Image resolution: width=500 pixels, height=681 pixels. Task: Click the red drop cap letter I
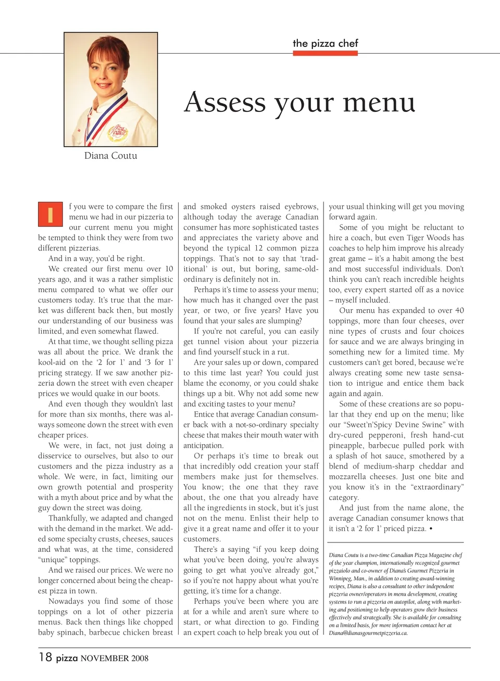(x=51, y=214)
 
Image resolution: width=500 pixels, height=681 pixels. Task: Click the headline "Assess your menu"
(x=299, y=102)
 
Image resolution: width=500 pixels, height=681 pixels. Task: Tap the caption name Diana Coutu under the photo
(x=110, y=156)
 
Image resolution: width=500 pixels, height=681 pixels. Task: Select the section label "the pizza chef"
(x=325, y=43)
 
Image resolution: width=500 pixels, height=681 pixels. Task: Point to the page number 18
(x=45, y=657)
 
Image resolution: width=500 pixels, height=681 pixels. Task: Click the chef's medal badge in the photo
(x=118, y=133)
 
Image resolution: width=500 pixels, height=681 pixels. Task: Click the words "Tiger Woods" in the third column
(x=444, y=238)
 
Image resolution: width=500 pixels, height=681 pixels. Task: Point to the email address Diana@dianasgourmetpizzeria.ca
(x=368, y=633)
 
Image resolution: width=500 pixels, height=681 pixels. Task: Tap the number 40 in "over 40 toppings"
(x=459, y=310)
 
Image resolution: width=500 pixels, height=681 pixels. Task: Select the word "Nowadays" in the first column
(x=66, y=601)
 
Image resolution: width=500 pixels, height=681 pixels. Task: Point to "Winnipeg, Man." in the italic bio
(x=346, y=578)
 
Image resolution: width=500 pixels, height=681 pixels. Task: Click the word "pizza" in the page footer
(x=67, y=658)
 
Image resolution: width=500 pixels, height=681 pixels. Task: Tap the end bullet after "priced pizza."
(x=431, y=529)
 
